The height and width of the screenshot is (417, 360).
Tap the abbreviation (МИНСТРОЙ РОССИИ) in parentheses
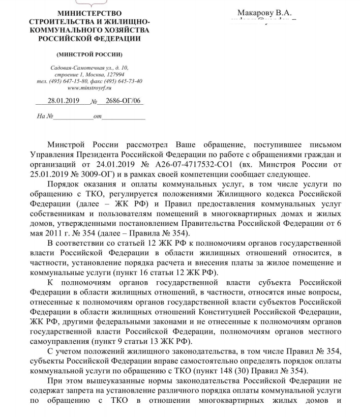[89, 54]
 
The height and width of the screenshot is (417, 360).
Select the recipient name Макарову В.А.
[264, 13]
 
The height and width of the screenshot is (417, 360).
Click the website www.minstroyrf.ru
[89, 87]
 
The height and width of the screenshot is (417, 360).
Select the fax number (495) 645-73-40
[124, 81]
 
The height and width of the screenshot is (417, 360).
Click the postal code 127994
[112, 74]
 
